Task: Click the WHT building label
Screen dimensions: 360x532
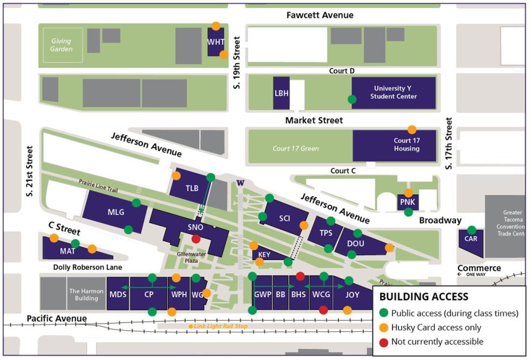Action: pos(216,42)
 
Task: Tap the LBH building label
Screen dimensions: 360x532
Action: pos(281,93)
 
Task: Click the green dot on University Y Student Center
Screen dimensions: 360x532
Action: pos(352,99)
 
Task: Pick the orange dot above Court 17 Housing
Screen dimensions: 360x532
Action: pos(412,129)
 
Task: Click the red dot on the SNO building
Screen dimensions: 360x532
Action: pos(196,238)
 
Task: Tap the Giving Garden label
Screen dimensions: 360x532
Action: pos(61,45)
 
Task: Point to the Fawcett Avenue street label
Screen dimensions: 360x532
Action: pos(320,15)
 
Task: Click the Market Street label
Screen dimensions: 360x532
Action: pos(314,120)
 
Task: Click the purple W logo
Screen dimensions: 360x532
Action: pos(240,182)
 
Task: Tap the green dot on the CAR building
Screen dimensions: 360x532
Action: pos(472,230)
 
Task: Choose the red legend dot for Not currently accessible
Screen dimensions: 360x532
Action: pos(384,342)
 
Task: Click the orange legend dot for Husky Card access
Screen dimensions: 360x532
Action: pos(384,327)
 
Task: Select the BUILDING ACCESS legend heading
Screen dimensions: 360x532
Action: pos(423,296)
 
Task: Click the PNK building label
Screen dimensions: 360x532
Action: pos(407,203)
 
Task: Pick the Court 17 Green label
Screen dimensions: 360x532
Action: pos(296,148)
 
